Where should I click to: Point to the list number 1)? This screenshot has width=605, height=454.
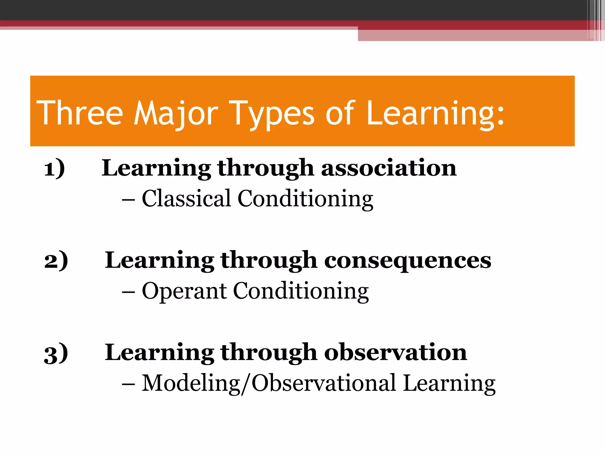coord(54,168)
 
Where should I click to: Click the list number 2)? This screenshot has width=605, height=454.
coord(56,260)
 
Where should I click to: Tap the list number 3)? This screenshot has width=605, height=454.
coord(56,353)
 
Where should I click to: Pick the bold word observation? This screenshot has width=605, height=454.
coord(396,352)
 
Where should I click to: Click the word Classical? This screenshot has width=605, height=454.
coord(186,199)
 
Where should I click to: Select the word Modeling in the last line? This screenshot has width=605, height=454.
coord(191,383)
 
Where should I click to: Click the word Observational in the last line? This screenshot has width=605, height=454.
coord(323,383)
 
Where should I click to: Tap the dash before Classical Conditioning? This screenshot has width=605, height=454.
coord(129,200)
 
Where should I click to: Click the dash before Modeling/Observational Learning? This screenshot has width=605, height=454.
coord(129,384)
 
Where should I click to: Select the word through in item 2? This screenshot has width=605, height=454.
coord(269,260)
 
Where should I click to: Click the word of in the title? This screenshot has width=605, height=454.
coord(340,113)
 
